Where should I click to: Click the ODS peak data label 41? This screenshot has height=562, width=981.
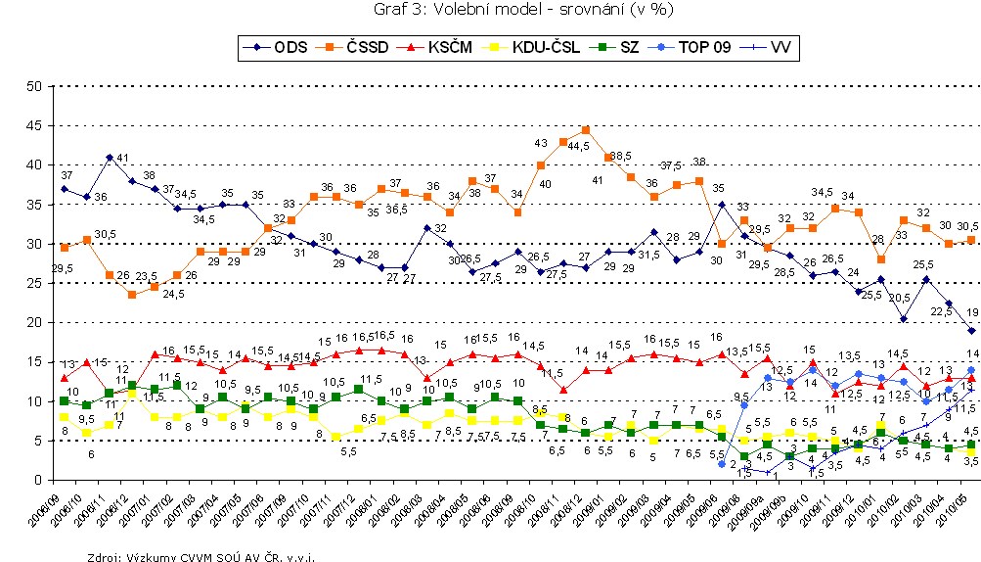[x=123, y=159]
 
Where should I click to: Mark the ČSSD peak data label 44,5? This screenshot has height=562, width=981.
[x=584, y=146]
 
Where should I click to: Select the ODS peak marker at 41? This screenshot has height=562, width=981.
[x=110, y=157]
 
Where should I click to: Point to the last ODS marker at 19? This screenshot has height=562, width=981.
[x=969, y=330]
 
